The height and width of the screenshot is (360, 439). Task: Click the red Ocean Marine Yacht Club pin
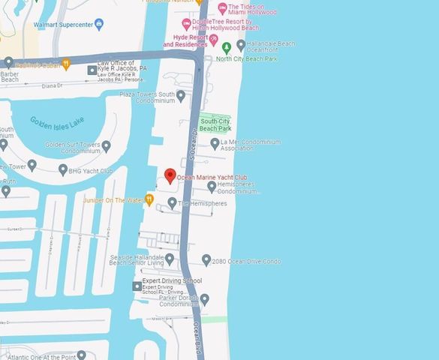coord(170,175)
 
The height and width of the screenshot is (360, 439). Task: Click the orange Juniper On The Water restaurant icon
coord(149,199)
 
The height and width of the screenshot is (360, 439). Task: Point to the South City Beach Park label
coord(215,124)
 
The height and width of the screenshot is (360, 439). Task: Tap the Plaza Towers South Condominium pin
coord(181,95)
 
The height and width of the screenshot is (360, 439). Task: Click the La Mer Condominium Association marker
coord(214,142)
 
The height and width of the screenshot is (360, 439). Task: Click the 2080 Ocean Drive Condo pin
coord(206,260)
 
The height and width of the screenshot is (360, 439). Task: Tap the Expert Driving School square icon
coord(137,286)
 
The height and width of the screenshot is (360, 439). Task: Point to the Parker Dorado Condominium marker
coord(205,300)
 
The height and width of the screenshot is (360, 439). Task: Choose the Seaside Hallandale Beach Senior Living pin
coord(170,259)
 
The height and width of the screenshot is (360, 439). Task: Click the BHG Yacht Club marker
coord(63,170)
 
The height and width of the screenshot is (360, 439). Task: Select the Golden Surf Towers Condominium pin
coord(106,146)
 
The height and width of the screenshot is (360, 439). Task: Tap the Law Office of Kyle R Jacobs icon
coord(92,70)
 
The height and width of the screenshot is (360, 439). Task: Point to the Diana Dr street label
coord(52,85)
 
